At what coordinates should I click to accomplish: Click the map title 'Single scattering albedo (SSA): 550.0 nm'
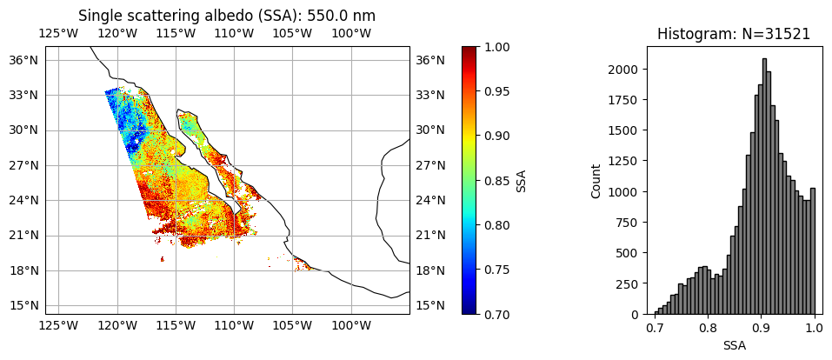227,16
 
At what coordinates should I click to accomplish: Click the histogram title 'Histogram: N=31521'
734,34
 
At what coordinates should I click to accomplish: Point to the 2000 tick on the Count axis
623,70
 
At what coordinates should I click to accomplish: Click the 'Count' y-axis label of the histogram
596,180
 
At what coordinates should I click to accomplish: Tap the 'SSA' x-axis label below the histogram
734,345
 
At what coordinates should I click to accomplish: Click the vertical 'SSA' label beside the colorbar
522,180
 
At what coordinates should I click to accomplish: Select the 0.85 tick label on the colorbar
498,180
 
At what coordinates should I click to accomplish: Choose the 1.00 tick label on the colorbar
498,46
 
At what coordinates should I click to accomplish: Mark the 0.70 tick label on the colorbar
498,314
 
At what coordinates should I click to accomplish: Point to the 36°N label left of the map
23,60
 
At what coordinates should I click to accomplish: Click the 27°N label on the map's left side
23,165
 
